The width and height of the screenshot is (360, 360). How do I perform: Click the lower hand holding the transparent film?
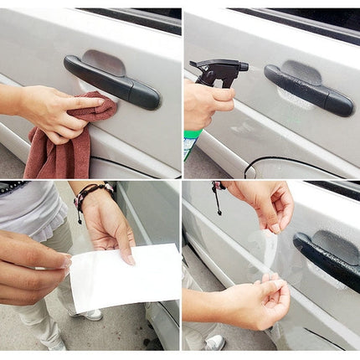click(255, 301)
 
